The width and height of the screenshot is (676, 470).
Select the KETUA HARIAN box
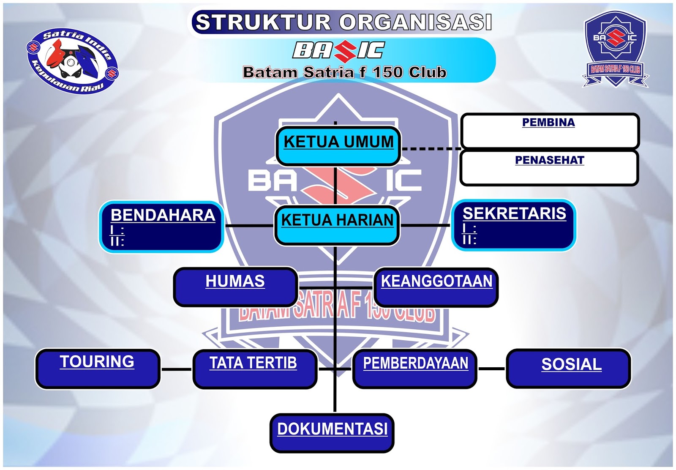(337, 225)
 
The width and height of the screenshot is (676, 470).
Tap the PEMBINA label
(548, 123)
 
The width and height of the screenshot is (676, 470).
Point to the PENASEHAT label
(549, 160)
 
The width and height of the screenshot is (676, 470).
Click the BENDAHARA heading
(163, 215)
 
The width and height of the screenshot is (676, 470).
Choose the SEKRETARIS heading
(514, 213)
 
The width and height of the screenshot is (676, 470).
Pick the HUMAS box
(235, 286)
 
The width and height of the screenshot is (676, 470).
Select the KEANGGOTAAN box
(436, 286)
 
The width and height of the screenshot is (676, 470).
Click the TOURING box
(97, 368)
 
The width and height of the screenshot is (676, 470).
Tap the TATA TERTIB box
(254, 368)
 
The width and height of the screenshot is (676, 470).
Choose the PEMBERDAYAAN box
(415, 368)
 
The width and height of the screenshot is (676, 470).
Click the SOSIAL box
(569, 368)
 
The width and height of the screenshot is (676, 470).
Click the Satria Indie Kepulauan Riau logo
(72, 61)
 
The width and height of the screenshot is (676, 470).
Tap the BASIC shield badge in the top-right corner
(615, 49)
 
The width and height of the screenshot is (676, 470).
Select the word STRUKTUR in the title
(263, 22)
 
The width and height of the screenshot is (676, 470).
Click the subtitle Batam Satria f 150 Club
(344, 72)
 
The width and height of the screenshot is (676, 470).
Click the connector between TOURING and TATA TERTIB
(177, 369)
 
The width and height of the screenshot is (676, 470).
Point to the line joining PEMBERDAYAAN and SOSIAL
(491, 369)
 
